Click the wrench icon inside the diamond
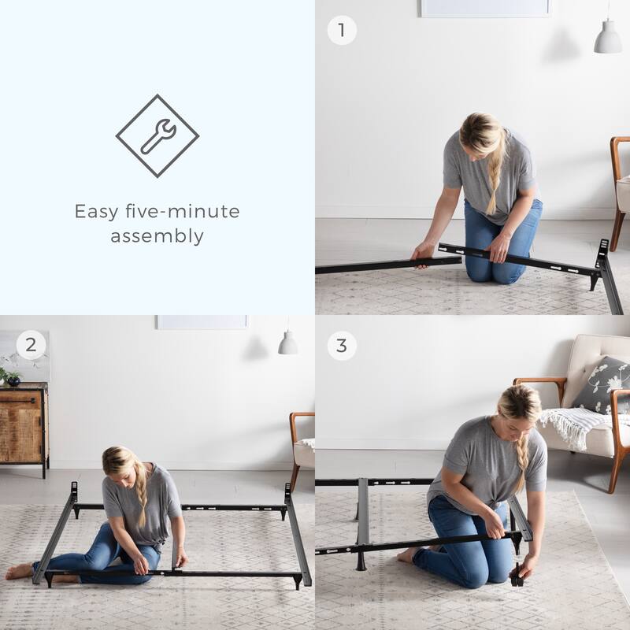click(157, 136)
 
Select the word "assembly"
click(157, 236)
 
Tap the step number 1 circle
click(341, 31)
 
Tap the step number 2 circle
click(31, 345)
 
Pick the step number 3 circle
click(341, 345)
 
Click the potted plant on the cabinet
click(11, 376)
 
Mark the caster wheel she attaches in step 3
click(517, 578)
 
